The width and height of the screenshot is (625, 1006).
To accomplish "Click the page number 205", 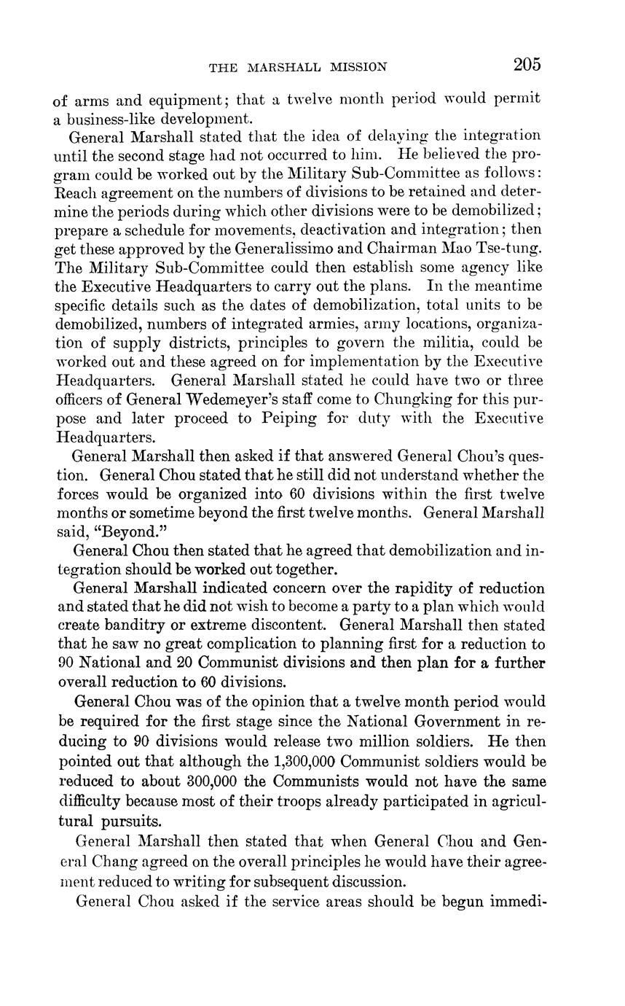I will pos(527,65).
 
